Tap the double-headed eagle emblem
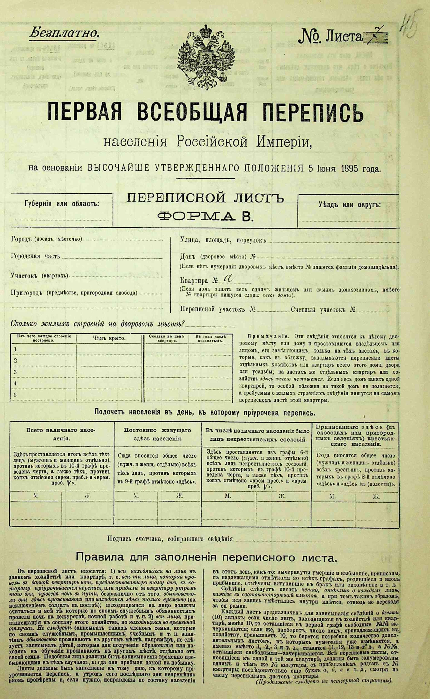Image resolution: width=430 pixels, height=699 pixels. click(x=207, y=55)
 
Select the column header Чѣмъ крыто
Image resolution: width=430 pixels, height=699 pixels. click(x=109, y=338)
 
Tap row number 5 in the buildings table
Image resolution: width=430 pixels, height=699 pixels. click(x=16, y=395)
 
